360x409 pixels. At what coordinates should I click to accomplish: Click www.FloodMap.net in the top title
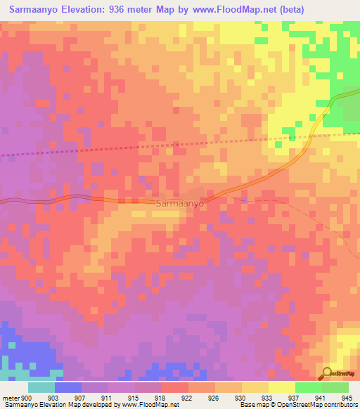point(249,11)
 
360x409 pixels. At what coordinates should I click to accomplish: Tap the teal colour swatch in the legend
point(41,387)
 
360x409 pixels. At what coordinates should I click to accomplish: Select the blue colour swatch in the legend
point(68,387)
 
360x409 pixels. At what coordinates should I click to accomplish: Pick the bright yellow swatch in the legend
point(281,387)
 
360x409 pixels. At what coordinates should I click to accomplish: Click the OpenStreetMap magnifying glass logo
point(328,372)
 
